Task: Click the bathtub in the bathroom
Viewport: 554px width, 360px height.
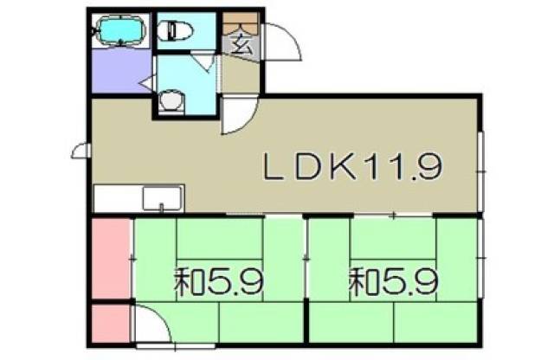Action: click(120, 31)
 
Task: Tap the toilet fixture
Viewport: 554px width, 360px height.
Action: click(175, 30)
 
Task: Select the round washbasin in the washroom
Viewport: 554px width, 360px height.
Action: click(171, 101)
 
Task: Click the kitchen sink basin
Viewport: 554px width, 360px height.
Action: click(162, 199)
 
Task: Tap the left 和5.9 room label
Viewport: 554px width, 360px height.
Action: click(219, 282)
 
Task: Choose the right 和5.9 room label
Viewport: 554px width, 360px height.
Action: click(394, 282)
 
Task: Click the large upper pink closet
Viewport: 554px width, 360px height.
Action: click(112, 259)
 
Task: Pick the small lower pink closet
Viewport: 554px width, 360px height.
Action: click(111, 324)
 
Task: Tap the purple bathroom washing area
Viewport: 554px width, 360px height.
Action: click(121, 71)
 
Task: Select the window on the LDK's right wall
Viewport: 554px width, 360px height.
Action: click(481, 171)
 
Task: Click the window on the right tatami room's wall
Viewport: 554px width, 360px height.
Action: click(481, 259)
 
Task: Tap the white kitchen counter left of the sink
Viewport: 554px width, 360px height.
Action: click(118, 198)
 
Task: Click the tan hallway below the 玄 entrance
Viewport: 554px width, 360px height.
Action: click(241, 75)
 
